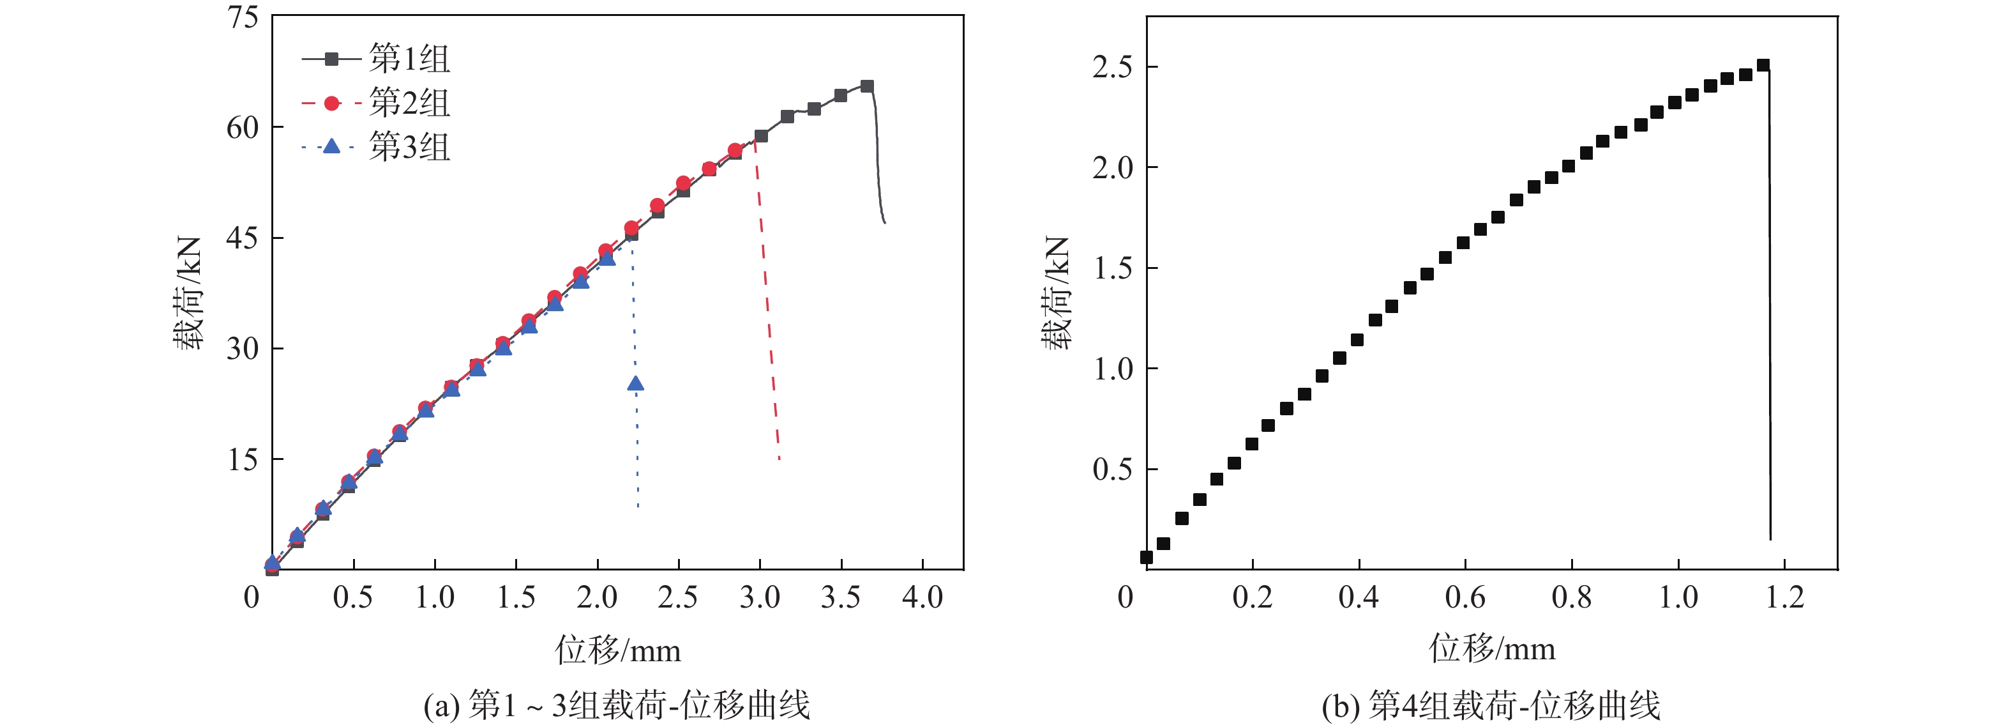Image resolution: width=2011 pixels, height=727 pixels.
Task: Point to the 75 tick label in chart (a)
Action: pos(243,17)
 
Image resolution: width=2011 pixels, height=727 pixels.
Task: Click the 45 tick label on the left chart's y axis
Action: pos(243,238)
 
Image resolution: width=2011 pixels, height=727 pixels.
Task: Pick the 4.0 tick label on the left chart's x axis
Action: pos(922,598)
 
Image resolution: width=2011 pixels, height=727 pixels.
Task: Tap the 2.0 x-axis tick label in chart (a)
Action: pos(596,598)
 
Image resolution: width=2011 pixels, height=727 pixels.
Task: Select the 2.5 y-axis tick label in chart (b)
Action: pos(1113,68)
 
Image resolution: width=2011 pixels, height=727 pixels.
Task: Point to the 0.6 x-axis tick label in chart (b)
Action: pos(1465,598)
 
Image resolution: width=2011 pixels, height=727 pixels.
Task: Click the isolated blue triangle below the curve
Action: pos(635,383)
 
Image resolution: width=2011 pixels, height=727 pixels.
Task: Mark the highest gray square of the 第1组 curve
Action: pos(866,86)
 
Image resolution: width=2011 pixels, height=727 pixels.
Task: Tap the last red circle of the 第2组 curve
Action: pos(735,151)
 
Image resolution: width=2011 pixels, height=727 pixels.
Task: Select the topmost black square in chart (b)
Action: pos(1763,65)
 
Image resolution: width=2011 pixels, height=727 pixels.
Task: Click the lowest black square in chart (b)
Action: pos(1146,557)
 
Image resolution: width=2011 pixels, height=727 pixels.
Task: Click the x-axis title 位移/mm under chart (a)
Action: pos(617,650)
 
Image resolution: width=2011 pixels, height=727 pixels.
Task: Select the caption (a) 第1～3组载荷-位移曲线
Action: pos(617,706)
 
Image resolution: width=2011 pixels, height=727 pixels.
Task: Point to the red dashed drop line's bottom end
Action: pos(779,459)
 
